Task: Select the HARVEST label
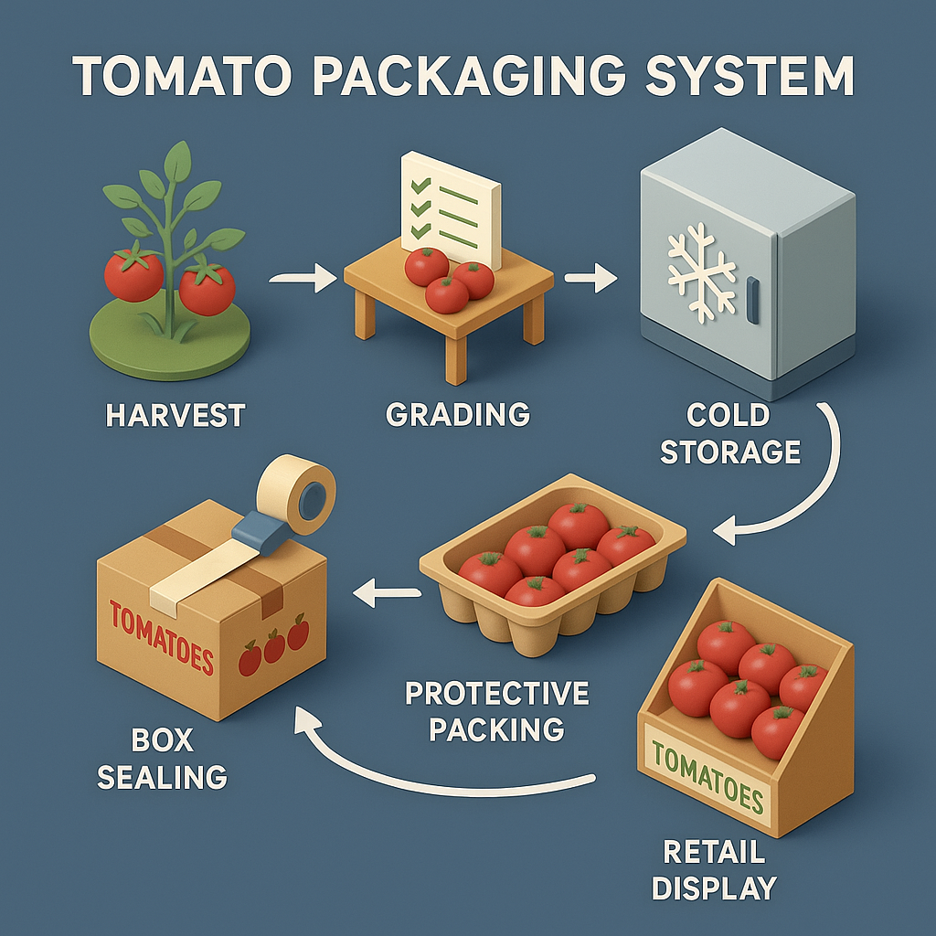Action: [x=175, y=415]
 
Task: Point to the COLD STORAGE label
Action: [x=729, y=433]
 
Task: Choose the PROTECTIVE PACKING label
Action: [x=496, y=710]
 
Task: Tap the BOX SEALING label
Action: [x=162, y=759]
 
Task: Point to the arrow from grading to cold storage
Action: [x=590, y=279]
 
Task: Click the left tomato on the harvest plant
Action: [x=133, y=273]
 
